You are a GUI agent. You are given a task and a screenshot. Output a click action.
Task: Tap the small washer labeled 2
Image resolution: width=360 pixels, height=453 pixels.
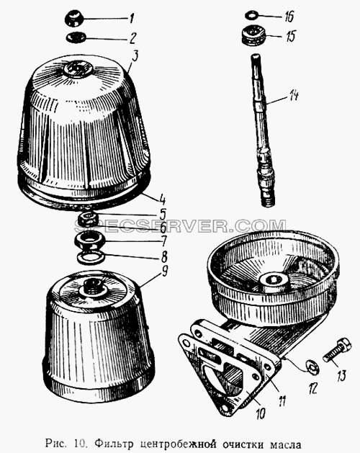pos(76,37)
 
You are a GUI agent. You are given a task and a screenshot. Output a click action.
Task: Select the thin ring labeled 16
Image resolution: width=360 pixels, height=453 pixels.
pos(252,14)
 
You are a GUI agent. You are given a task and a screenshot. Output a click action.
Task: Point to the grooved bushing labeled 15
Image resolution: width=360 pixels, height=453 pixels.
pos(252,35)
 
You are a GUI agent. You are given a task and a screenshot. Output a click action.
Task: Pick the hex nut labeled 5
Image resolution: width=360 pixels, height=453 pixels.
pos(88,219)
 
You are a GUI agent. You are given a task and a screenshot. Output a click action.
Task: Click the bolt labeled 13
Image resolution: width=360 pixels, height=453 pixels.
pos(337,350)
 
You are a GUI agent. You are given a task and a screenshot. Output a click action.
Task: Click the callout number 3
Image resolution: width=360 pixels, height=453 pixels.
pos(135,56)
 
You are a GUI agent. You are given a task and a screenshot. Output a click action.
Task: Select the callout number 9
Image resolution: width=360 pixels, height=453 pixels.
pos(164,272)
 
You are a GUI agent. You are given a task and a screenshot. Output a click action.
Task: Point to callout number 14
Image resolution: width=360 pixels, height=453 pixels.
pos(293,95)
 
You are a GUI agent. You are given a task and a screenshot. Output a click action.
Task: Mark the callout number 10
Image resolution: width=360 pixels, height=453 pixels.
pos(260,413)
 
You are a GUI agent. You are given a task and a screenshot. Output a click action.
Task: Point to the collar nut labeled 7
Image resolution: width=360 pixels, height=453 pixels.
pos(90,241)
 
